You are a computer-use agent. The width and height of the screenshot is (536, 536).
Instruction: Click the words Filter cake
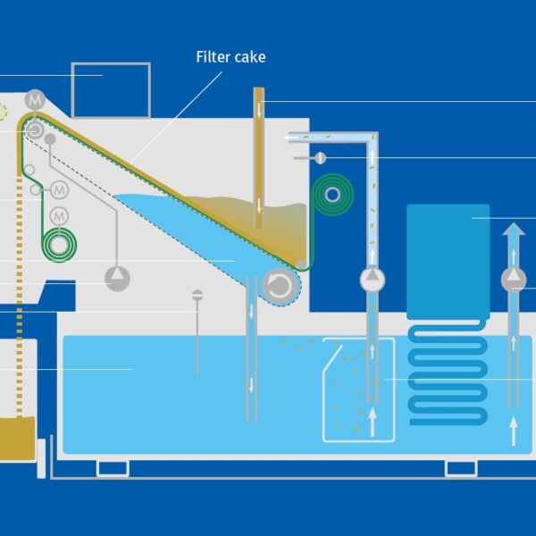pyautogui.click(x=230, y=57)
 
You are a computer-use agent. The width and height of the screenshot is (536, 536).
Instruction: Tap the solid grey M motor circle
pyautogui.click(x=36, y=100)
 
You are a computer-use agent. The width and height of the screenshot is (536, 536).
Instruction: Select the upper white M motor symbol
pyautogui.click(x=59, y=189)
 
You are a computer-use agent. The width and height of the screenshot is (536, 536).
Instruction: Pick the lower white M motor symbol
pyautogui.click(x=59, y=215)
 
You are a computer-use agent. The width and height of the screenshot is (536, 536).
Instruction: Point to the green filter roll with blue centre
pyautogui.click(x=332, y=194)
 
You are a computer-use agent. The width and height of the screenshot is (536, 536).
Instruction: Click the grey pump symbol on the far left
pyautogui.click(x=117, y=279)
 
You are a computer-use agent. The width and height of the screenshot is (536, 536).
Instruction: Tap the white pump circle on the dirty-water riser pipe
pyautogui.click(x=373, y=280)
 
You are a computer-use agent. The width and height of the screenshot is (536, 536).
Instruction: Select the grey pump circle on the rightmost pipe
pyautogui.click(x=513, y=280)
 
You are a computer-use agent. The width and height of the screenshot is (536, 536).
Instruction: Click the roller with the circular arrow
pyautogui.click(x=280, y=285)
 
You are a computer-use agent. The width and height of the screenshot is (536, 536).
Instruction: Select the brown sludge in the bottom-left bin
pyautogui.click(x=17, y=439)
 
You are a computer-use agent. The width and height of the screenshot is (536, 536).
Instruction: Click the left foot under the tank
pyautogui.click(x=113, y=467)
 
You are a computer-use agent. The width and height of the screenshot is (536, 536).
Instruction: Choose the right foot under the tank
pyautogui.click(x=461, y=467)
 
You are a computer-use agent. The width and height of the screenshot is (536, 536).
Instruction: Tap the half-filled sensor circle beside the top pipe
pyautogui.click(x=320, y=158)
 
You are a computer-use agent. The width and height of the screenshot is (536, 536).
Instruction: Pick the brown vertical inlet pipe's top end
pyautogui.click(x=259, y=92)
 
